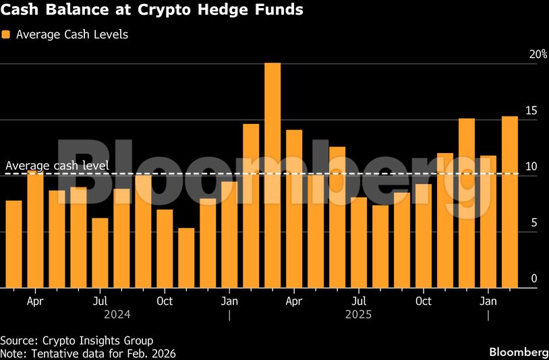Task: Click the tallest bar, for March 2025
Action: (x=272, y=175)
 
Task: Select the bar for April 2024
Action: (x=35, y=229)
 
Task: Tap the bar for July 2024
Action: (x=100, y=253)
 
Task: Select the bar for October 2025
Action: (x=424, y=236)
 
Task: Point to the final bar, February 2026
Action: (x=510, y=202)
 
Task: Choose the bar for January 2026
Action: (x=488, y=222)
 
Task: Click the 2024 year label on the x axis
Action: (x=117, y=314)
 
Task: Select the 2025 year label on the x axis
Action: (x=358, y=314)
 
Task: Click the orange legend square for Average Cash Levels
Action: (x=6, y=34)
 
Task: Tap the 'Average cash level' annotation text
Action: (x=57, y=166)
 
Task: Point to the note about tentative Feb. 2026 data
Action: (x=88, y=353)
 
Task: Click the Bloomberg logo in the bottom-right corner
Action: (x=518, y=353)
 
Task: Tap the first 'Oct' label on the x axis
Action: (x=165, y=301)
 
